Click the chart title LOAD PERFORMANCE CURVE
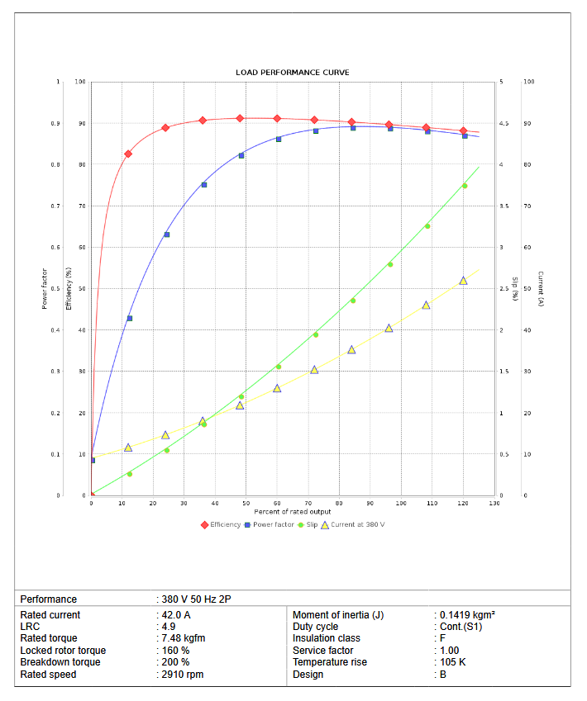tap(292, 73)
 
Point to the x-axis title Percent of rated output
tap(292, 512)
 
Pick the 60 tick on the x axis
tap(277, 503)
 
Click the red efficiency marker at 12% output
tap(128, 154)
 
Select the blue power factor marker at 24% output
tap(166, 234)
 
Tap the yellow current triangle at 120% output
tap(463, 281)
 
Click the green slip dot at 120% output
tap(464, 186)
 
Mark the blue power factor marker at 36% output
tap(203, 185)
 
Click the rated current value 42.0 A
tap(176, 615)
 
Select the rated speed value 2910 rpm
tap(182, 675)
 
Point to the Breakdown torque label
tap(60, 662)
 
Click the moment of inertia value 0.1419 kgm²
tap(467, 615)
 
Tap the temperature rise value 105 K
tap(452, 662)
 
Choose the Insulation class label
tap(326, 638)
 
